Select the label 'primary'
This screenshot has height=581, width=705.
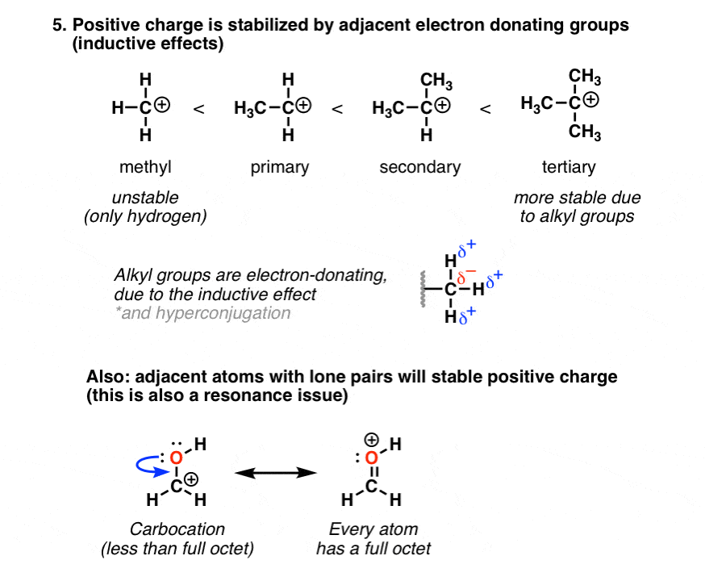[281, 167]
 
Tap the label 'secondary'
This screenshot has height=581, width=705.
[420, 167]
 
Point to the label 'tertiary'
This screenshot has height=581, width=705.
[569, 167]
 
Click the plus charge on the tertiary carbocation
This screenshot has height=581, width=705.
[592, 101]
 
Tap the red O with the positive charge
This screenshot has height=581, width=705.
[372, 457]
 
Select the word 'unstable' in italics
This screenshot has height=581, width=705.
[146, 198]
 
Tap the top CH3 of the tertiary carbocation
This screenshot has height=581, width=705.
[585, 77]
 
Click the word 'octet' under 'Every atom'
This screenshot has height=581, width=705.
[411, 549]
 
